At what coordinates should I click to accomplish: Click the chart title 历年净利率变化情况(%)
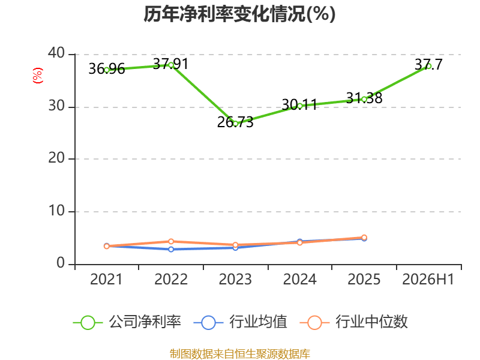(239, 14)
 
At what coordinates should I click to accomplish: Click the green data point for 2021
(107, 70)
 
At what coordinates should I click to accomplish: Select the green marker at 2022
(171, 65)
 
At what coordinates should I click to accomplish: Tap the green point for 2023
(235, 124)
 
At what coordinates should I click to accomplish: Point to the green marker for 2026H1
(428, 66)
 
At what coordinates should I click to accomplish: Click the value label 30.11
(299, 104)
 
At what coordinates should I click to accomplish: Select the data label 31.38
(364, 98)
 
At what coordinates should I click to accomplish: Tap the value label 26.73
(235, 122)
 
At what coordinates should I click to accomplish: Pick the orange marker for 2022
(171, 242)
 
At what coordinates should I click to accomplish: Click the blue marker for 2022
(171, 249)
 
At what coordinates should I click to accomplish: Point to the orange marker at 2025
(364, 237)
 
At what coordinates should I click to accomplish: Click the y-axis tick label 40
(56, 53)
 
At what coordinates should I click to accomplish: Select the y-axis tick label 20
(56, 158)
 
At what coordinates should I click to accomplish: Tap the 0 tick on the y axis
(61, 263)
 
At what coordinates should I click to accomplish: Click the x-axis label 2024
(299, 279)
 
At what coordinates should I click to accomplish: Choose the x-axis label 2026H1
(428, 279)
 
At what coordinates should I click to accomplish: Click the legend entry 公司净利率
(127, 322)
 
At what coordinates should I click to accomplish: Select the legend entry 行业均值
(241, 322)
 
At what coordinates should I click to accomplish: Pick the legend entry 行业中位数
(353, 322)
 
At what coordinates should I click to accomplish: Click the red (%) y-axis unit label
(38, 76)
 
